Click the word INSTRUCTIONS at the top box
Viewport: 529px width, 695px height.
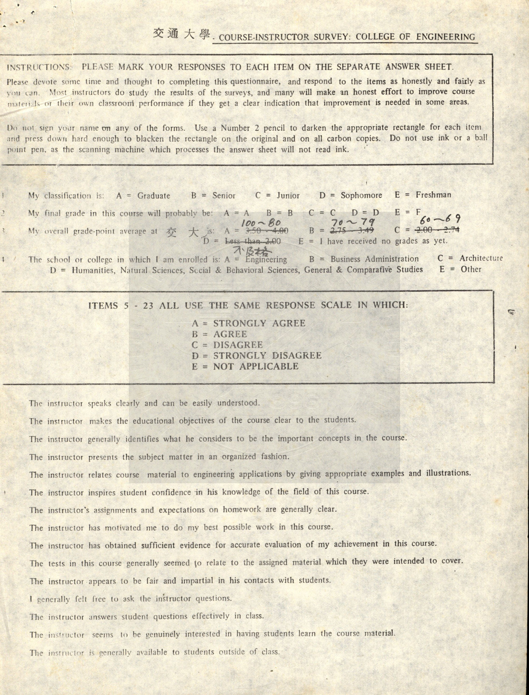pos(39,67)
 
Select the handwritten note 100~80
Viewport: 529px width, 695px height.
pos(261,223)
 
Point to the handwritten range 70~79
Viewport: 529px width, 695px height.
pos(350,222)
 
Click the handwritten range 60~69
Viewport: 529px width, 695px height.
pos(440,220)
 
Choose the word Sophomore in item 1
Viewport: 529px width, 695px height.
pos(361,195)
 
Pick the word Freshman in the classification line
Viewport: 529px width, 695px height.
pos(433,195)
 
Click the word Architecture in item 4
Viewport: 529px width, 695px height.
pos(481,258)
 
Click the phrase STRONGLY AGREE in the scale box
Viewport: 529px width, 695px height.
pos(259,324)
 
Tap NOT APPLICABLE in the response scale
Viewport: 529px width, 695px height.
pos(255,367)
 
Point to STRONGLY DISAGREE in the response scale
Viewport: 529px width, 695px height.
pos(267,356)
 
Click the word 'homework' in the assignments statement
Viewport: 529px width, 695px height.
pos(241,509)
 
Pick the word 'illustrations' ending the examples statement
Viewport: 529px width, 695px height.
pos(448,473)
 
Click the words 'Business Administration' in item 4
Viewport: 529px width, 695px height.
pos(374,259)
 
